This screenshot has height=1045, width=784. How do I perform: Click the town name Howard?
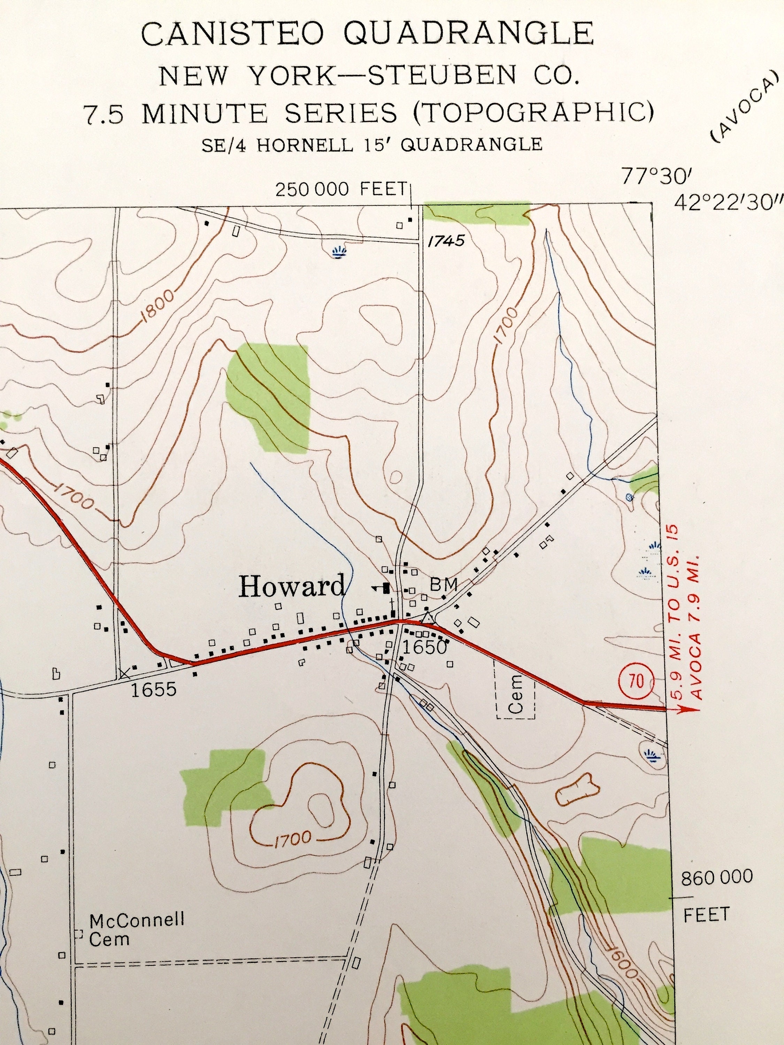tap(292, 587)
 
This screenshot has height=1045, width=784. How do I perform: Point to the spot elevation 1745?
tap(446, 241)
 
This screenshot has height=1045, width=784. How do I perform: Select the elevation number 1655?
tap(154, 689)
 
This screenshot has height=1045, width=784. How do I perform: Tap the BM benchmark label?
tap(443, 585)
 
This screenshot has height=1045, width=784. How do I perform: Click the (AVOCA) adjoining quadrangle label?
tap(744, 106)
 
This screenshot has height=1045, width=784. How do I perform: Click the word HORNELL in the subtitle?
tap(304, 145)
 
